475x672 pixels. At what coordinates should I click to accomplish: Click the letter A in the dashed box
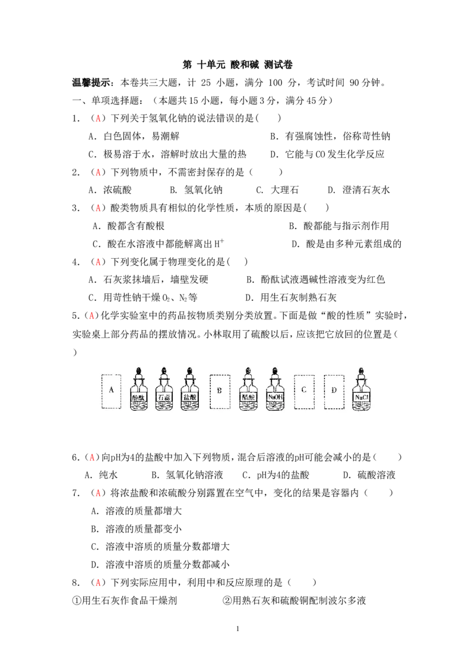point(111,390)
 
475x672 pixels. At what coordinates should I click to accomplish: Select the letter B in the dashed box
point(219,391)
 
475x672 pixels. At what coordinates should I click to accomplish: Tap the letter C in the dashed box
point(303,390)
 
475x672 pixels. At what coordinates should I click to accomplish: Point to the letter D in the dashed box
point(334,390)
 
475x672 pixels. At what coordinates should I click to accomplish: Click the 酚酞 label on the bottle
point(138,396)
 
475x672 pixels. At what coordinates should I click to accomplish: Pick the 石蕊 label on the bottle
point(164,396)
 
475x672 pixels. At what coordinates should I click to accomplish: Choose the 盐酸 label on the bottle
point(189,396)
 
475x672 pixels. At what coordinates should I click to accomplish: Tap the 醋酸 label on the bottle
point(248,396)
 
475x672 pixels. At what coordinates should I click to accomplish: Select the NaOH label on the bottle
point(274,396)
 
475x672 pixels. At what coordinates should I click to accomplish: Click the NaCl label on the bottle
point(360,396)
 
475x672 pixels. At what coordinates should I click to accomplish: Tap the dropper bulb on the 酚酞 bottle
point(138,371)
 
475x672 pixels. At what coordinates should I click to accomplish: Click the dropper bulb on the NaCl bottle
point(360,371)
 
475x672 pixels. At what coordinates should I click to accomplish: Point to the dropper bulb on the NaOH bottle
point(274,371)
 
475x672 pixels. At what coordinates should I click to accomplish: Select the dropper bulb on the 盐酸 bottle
point(189,371)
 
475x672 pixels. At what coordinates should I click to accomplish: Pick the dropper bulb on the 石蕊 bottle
point(164,371)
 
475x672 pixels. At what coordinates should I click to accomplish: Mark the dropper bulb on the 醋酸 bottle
point(248,371)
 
